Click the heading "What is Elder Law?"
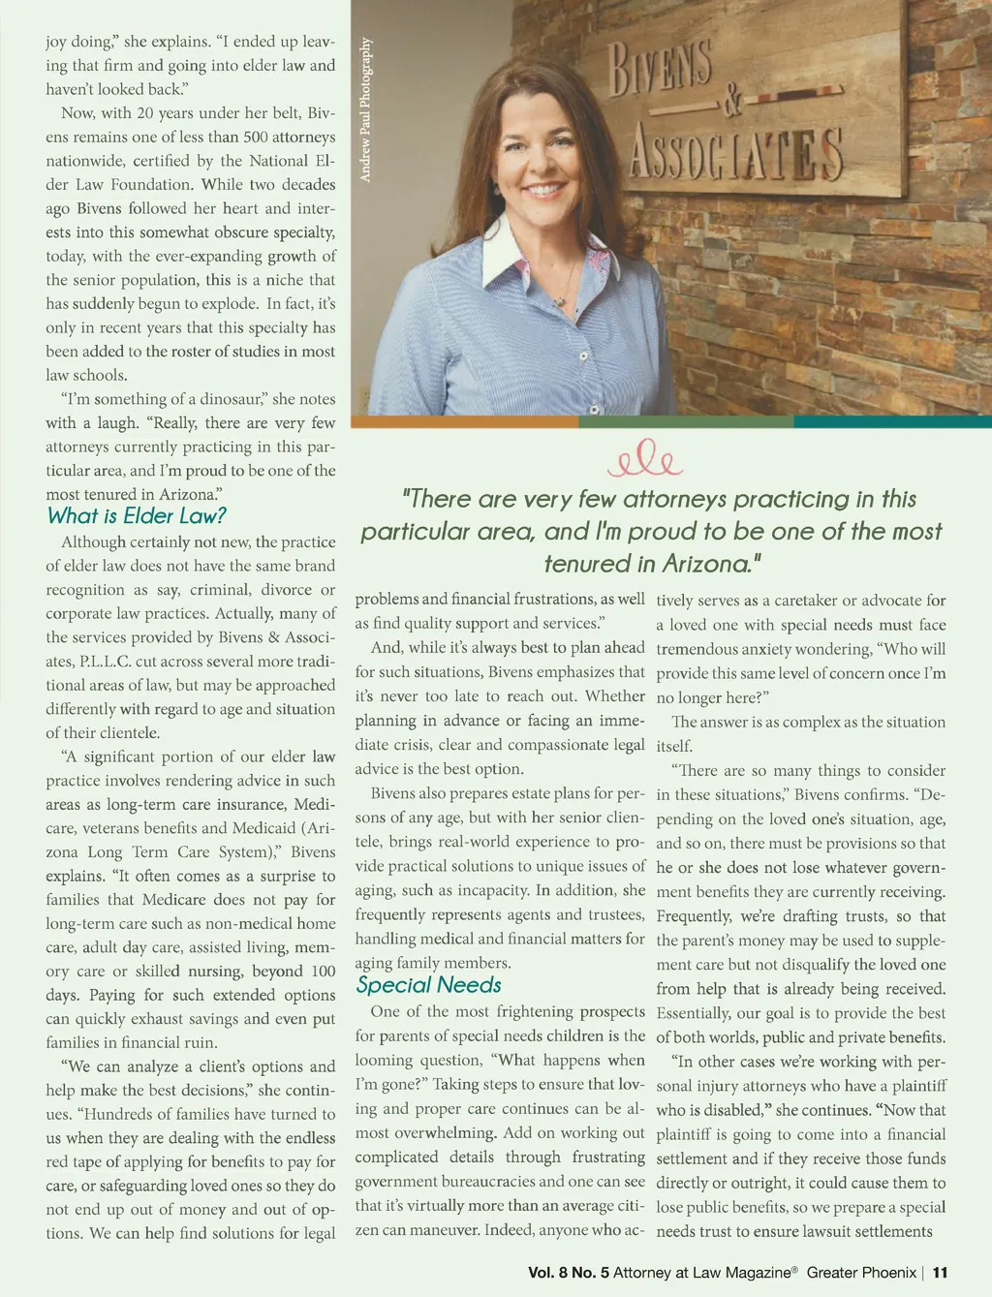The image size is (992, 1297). point(137,515)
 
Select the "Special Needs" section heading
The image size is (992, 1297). point(428,985)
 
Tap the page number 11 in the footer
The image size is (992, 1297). point(940,1273)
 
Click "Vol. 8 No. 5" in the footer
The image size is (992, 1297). point(569,1273)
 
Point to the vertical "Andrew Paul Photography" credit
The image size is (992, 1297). point(365,109)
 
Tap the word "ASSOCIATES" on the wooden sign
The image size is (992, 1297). point(735,154)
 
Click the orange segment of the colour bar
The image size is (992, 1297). point(464,421)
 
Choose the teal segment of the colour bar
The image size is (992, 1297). point(892,421)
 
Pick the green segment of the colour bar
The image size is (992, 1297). point(686,421)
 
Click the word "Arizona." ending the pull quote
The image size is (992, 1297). point(712,564)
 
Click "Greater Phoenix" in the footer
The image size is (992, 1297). point(861,1273)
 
